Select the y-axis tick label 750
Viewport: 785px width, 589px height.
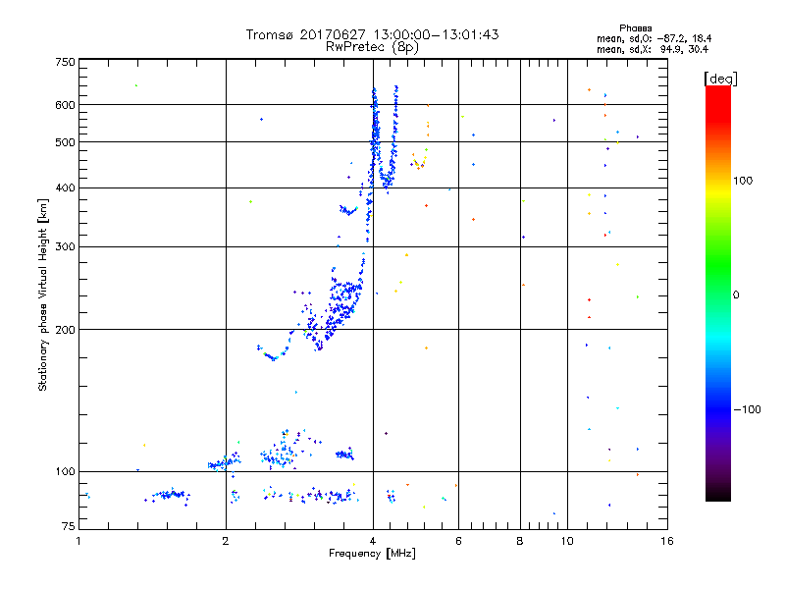(66, 62)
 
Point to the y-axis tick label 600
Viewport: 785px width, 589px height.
(66, 104)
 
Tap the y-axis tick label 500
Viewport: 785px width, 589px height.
(66, 142)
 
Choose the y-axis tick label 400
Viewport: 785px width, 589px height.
(66, 187)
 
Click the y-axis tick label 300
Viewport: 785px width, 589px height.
(66, 246)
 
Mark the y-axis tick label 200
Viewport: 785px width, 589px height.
(66, 329)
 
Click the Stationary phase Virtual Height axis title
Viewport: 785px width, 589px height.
(43, 294)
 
